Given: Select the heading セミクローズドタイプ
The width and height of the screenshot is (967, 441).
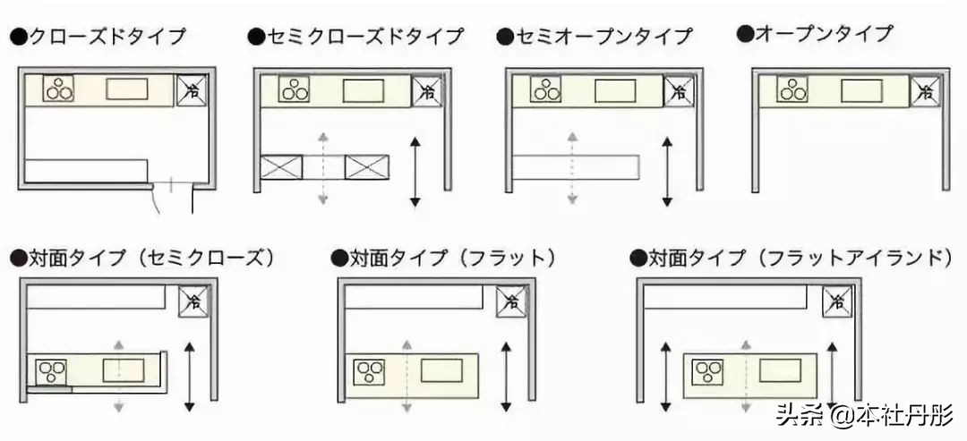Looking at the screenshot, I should [356, 37].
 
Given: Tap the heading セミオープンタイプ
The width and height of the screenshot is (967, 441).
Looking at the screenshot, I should [595, 37].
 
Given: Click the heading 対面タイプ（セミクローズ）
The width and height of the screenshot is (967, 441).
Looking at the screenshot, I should [143, 259].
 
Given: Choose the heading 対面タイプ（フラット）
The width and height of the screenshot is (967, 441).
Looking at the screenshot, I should [444, 259].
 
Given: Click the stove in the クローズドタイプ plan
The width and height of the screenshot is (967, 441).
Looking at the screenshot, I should [59, 89].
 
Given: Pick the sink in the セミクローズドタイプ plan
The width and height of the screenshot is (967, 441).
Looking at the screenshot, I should [364, 91].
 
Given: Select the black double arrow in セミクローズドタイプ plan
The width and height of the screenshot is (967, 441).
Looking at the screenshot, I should [415, 172].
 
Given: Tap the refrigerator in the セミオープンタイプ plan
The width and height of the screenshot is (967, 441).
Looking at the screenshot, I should [679, 91].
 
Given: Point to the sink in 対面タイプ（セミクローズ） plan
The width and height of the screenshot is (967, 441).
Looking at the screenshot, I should [123, 369].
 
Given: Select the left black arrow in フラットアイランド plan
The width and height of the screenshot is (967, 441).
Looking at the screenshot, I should [664, 375].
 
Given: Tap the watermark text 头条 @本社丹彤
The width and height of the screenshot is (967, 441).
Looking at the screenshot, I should [865, 415].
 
